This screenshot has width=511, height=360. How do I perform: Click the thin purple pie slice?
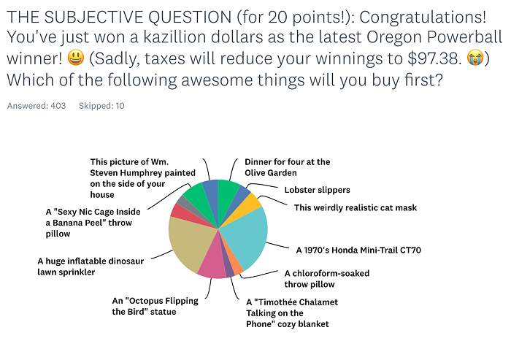point(228,267)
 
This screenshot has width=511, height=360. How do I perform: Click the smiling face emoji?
point(76,58)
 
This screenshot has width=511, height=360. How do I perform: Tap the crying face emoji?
point(474,58)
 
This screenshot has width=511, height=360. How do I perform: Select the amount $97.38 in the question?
point(434,58)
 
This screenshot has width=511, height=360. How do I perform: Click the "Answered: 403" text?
point(36,106)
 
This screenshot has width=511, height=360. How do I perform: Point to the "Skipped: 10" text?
point(101,106)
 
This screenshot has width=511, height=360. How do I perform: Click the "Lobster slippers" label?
point(317,190)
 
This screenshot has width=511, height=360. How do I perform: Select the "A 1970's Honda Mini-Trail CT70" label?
point(358,250)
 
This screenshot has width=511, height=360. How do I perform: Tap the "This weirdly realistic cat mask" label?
point(356,207)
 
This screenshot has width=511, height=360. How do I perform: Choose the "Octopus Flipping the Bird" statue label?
point(155,306)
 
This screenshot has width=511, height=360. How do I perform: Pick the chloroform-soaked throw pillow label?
point(327,278)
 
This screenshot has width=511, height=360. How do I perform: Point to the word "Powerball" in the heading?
point(464,37)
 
